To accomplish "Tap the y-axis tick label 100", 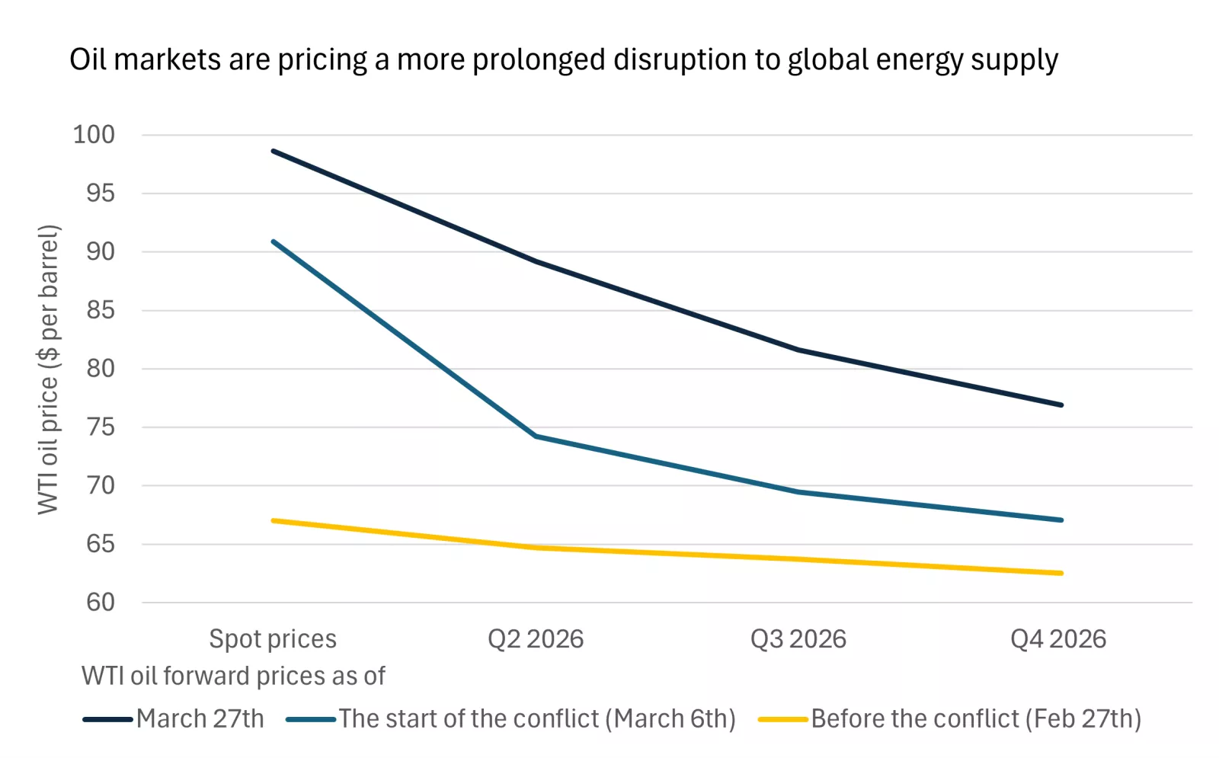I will tap(94, 135).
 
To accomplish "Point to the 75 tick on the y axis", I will tap(100, 427).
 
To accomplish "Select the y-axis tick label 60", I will tap(100, 603).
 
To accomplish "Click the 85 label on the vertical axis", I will tap(100, 310).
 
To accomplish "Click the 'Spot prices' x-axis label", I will tap(273, 638).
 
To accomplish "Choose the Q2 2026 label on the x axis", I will tap(536, 638).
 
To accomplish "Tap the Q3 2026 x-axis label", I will tap(798, 638).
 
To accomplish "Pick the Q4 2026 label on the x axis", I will tap(1058, 638).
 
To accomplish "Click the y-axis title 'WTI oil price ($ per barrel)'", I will tap(48, 369).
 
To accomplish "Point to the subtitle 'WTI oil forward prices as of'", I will tap(233, 676).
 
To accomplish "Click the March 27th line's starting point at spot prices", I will tap(274, 151).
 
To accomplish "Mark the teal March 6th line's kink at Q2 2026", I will tap(536, 437).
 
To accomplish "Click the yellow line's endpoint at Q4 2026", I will tap(1061, 573).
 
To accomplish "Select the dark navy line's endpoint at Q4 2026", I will tap(1061, 405).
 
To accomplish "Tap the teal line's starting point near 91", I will tap(274, 241).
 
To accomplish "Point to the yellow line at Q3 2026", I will tap(798, 559).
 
